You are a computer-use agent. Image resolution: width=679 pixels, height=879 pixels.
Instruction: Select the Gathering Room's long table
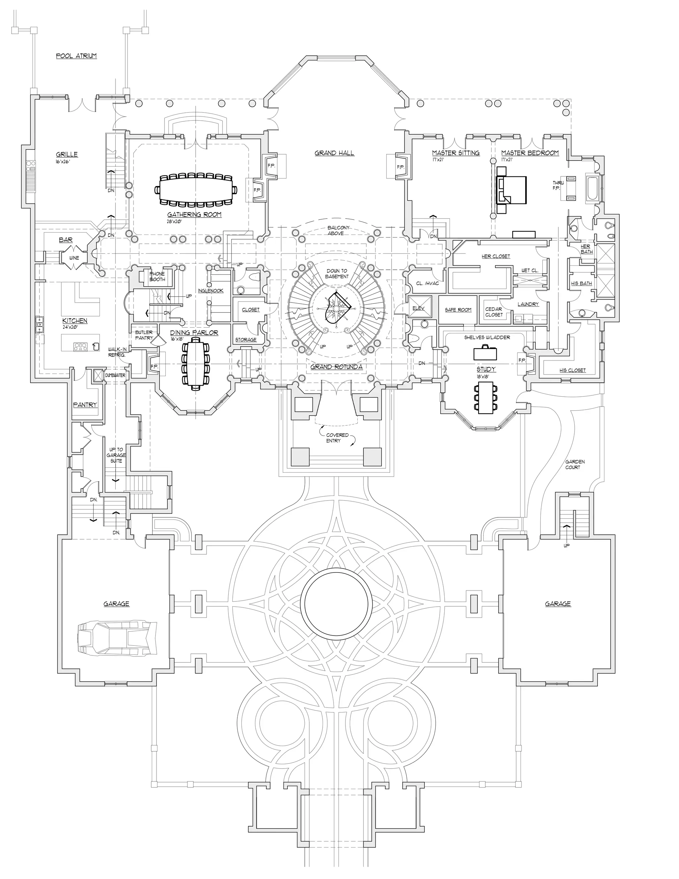(195, 190)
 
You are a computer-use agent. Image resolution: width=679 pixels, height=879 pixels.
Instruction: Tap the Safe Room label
(458, 310)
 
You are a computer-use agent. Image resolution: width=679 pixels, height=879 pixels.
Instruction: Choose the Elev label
(418, 308)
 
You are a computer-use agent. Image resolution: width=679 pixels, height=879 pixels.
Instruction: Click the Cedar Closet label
(494, 312)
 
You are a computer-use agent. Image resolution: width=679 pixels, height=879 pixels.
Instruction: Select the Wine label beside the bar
(74, 258)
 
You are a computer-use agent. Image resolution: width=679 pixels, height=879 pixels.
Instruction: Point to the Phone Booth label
(157, 277)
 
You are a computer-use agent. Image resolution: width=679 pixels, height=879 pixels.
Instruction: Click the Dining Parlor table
(196, 364)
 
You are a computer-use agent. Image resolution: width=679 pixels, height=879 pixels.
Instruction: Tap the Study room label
(486, 369)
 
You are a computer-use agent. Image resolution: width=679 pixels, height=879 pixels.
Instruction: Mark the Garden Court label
(575, 464)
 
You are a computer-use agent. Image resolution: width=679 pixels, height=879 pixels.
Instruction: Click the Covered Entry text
(337, 438)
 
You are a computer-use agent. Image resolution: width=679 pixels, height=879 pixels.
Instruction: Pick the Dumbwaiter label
(115, 375)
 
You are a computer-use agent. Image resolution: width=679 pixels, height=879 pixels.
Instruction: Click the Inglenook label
(211, 291)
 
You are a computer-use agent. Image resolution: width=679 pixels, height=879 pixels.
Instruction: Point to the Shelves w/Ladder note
(487, 337)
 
